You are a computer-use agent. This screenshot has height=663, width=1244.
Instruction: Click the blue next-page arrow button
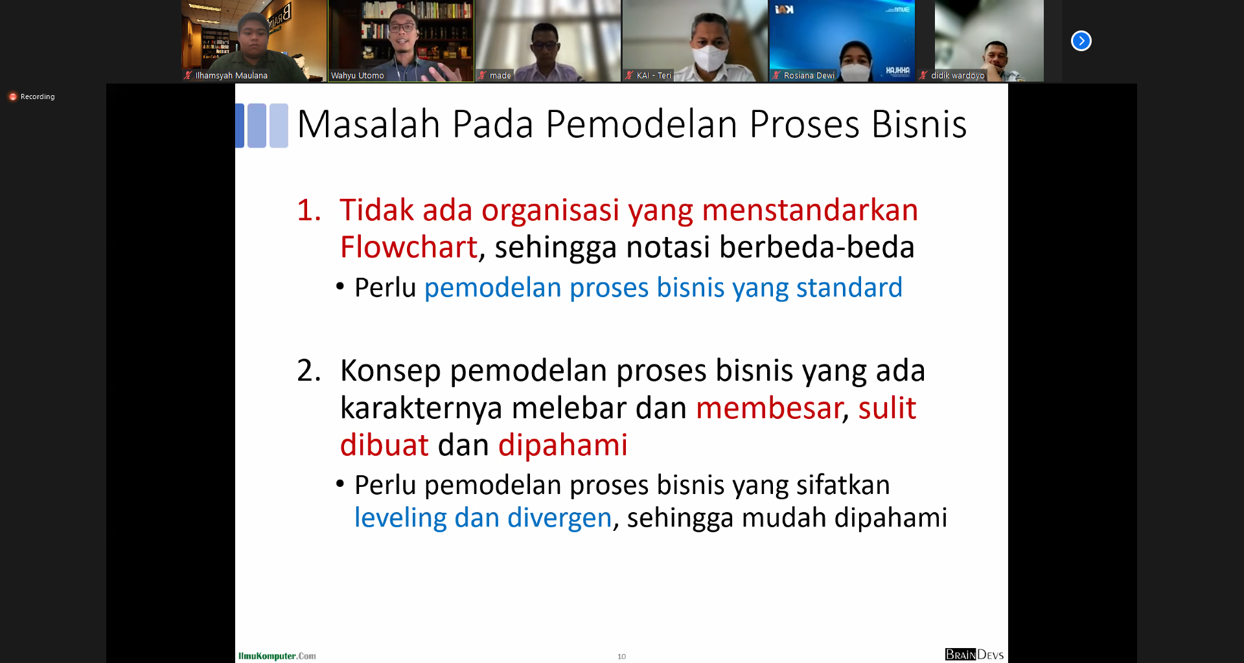coord(1081,41)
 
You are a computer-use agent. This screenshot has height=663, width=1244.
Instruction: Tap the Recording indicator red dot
coord(12,96)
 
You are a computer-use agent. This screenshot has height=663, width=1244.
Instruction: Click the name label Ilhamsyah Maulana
coord(231,76)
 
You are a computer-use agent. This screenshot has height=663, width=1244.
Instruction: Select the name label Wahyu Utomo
coord(358,76)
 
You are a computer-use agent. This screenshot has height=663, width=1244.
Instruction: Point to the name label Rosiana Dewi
coord(809,76)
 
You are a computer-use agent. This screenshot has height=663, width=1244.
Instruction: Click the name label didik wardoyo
coord(958,76)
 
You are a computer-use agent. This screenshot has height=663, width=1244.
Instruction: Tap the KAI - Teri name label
coord(654,76)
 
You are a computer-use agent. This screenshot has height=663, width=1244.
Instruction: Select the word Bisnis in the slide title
coord(919,124)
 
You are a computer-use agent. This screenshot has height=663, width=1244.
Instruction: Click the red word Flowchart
coord(409,247)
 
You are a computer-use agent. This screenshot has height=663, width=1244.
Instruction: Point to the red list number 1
coord(308,210)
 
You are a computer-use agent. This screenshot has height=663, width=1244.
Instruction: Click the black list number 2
coord(309,371)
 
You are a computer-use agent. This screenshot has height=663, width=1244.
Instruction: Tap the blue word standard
coord(849,287)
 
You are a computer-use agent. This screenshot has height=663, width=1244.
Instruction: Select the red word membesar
coord(769,408)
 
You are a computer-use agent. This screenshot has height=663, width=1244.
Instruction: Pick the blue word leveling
coord(400,518)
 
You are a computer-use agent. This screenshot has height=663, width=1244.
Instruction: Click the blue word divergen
coord(559,518)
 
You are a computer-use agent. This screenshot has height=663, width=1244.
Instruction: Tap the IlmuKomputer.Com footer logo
coord(277,656)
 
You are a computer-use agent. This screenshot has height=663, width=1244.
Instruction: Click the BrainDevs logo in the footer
coord(974,655)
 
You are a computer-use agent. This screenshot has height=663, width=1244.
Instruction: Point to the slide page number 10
coord(621,657)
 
